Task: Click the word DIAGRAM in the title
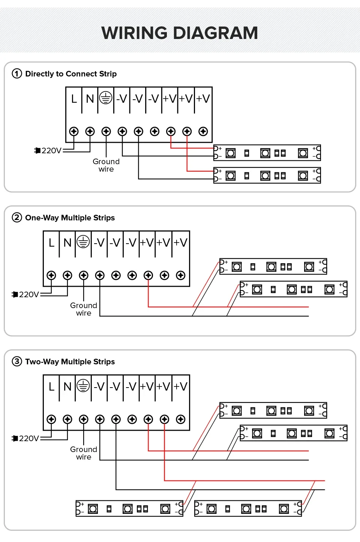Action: coord(216,33)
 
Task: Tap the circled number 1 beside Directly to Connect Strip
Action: coord(17,73)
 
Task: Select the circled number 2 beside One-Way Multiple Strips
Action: coord(17,217)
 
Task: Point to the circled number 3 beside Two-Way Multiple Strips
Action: coord(17,361)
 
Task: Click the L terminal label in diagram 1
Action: coord(74,99)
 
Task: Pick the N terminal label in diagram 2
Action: coord(67,243)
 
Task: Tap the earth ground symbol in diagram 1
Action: coord(106,98)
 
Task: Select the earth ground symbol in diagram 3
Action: coord(83,386)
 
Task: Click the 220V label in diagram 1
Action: coord(52,151)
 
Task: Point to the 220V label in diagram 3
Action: coord(29,439)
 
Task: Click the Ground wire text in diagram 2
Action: coord(84,309)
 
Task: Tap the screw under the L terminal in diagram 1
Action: coord(74,132)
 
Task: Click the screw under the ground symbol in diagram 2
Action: coord(84,275)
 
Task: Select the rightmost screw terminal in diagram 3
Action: coord(181,419)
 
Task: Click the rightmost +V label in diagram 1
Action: coord(203,99)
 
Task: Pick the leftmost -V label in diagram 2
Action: coord(99,243)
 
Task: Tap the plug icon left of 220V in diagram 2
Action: coord(15,295)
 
